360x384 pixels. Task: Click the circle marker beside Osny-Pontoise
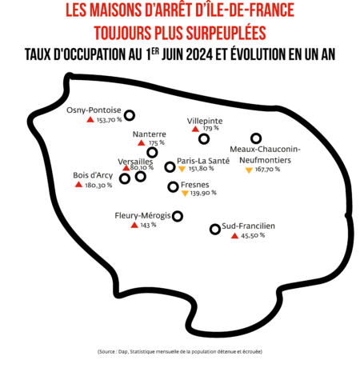(130, 115)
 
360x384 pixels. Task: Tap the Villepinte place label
(205, 121)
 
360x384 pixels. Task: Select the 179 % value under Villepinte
(210, 128)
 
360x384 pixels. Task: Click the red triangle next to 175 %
(142, 143)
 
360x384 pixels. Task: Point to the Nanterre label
(150, 134)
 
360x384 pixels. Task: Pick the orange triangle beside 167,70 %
(249, 170)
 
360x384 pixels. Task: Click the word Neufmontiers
(265, 160)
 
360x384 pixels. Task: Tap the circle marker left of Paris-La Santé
(170, 167)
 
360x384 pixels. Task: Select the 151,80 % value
(201, 169)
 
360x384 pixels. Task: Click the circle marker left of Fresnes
(173, 186)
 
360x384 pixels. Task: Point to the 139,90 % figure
(203, 193)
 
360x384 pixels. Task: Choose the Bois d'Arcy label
(93, 175)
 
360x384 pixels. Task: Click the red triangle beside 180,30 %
(78, 184)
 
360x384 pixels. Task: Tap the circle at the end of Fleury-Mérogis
(178, 216)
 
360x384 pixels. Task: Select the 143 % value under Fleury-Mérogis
(148, 226)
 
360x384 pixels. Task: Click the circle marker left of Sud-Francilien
(215, 229)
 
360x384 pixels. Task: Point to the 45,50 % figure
(253, 235)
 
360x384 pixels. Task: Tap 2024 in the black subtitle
(199, 54)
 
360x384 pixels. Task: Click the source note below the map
(180, 351)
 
